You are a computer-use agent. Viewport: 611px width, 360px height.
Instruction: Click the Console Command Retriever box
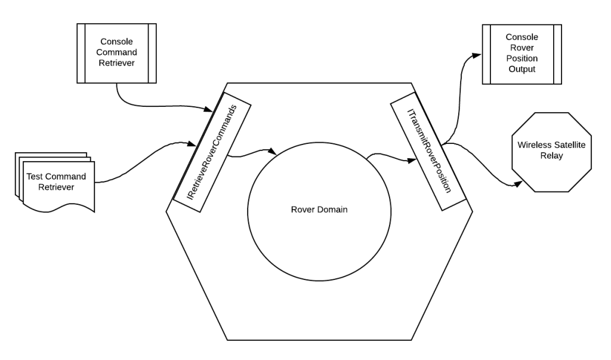coord(117,53)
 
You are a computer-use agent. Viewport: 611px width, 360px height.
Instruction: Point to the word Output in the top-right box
coord(523,69)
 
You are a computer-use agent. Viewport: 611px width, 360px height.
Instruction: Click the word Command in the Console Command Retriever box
coord(116,53)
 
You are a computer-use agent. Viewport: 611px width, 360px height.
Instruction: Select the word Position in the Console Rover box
coord(523,59)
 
